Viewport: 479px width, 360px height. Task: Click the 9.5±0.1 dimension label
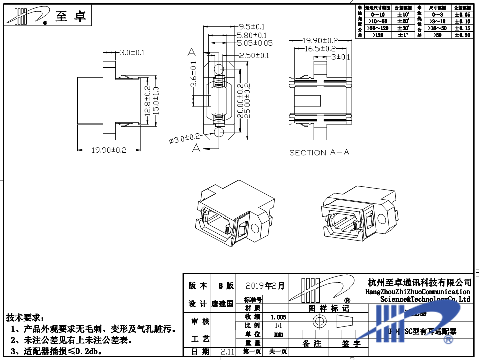[252, 26]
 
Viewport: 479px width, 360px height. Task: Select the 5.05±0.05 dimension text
[255, 43]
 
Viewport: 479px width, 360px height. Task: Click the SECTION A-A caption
[319, 152]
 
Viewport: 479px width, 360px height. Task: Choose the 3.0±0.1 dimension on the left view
[132, 53]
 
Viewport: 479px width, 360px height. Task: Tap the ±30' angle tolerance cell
[403, 29]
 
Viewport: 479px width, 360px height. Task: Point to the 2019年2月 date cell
[269, 286]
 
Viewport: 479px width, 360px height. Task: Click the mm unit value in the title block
[278, 334]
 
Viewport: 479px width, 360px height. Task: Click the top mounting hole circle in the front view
[218, 69]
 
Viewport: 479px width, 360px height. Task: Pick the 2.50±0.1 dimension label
[254, 55]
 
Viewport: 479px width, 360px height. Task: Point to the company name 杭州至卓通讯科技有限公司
[420, 282]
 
